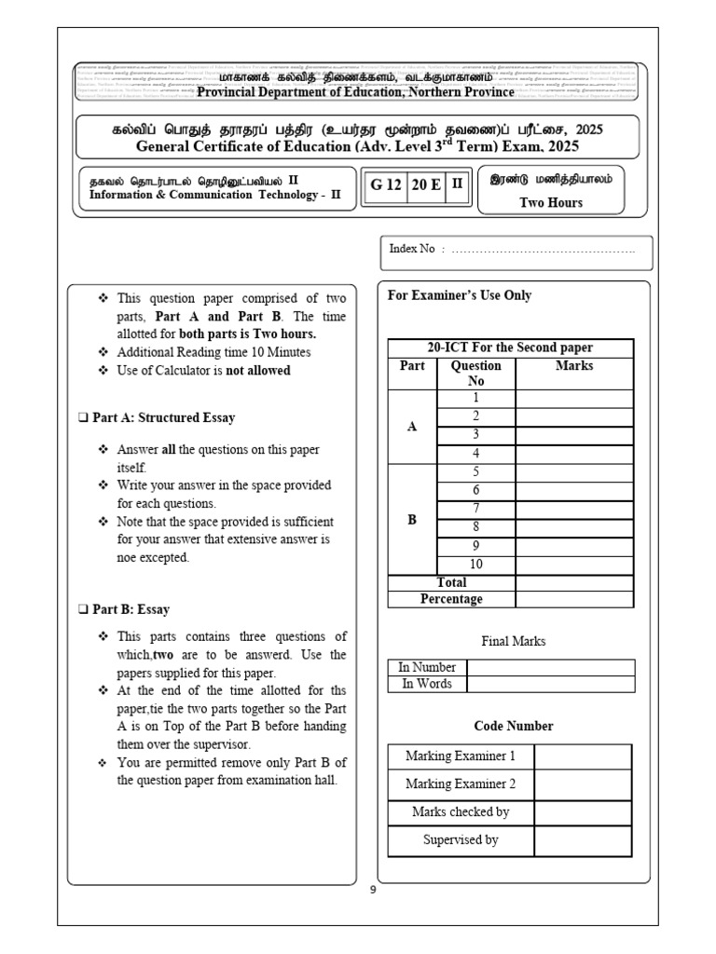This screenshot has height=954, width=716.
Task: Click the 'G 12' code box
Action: pos(386,184)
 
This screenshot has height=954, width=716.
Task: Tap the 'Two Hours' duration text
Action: pos(551,202)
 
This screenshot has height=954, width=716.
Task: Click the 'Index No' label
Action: pos(412,250)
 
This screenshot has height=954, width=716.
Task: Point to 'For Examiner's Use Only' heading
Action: pos(460,295)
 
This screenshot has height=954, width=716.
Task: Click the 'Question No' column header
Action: pos(475,373)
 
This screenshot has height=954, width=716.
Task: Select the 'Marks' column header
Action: pos(574,366)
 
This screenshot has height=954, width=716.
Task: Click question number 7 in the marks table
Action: pos(475,509)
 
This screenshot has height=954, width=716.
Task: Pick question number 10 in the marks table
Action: pos(475,564)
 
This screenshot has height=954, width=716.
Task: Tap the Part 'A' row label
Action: pos(412,426)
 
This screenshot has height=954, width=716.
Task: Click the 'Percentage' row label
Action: pos(451,599)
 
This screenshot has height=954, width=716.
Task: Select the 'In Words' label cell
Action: pos(427,684)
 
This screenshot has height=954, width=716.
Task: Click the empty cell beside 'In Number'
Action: pos(550,667)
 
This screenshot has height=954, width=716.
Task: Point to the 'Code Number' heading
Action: pos(514,726)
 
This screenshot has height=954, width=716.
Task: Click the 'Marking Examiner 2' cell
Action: pos(461,784)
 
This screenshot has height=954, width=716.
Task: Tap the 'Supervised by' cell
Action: pos(461,839)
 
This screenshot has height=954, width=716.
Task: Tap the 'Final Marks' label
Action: pos(514,641)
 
